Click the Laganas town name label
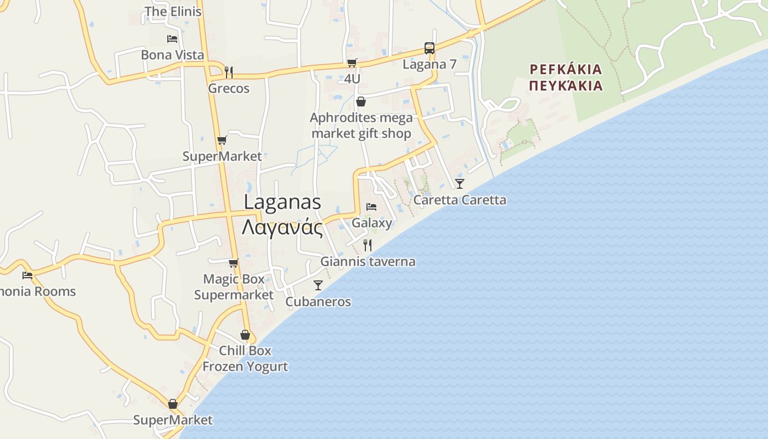[282, 202]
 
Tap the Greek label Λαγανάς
[282, 227]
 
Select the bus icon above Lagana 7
[429, 48]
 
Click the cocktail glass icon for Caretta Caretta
[460, 183]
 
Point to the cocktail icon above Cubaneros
[318, 285]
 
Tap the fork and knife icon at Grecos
[229, 72]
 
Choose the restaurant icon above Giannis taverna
[368, 245]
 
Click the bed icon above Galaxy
[371, 207]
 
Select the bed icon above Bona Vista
[172, 38]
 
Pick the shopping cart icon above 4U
[352, 63]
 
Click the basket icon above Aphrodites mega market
[361, 102]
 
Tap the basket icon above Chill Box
[245, 335]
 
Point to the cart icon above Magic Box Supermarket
[234, 263]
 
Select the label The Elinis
[173, 12]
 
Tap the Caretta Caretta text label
[460, 200]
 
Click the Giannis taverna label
[368, 262]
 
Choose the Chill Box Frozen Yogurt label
[245, 358]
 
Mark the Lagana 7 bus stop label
[430, 64]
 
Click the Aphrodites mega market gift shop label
[361, 126]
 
